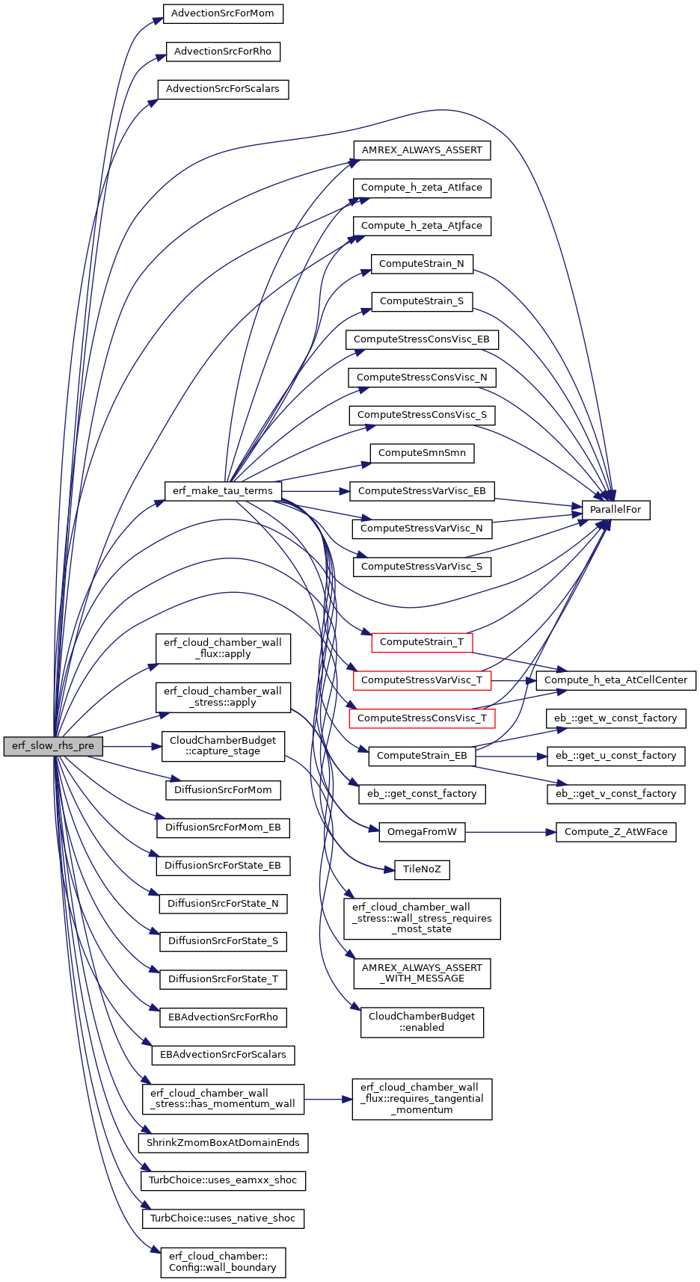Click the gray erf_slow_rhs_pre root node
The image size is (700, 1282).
(53, 746)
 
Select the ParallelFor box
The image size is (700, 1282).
(615, 510)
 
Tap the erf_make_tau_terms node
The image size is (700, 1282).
(223, 491)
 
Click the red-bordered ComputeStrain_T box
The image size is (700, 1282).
(422, 642)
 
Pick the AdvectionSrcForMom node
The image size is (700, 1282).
(223, 13)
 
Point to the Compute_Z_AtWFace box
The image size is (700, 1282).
(616, 832)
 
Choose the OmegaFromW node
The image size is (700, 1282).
(422, 832)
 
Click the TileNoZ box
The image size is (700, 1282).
(422, 869)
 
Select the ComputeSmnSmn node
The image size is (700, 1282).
(422, 453)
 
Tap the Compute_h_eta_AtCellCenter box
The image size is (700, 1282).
(616, 680)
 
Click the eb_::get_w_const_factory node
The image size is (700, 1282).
(616, 718)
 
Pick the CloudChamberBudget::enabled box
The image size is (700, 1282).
(422, 1022)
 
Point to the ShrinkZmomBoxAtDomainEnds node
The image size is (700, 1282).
(223, 1143)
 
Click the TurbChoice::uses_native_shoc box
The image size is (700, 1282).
(223, 1218)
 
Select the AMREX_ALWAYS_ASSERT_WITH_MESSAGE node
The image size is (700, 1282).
(422, 973)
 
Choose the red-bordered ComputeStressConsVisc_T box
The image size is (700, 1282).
(422, 718)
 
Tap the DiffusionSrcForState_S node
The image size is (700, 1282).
(223, 941)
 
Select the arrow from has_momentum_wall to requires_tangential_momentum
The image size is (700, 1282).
(328, 1100)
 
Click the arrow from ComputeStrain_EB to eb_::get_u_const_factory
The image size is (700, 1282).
(512, 756)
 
